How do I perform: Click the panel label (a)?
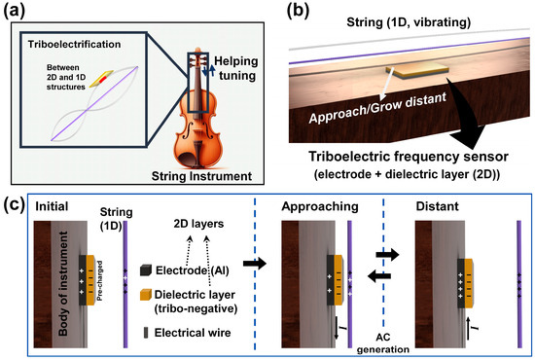coord(18,12)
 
